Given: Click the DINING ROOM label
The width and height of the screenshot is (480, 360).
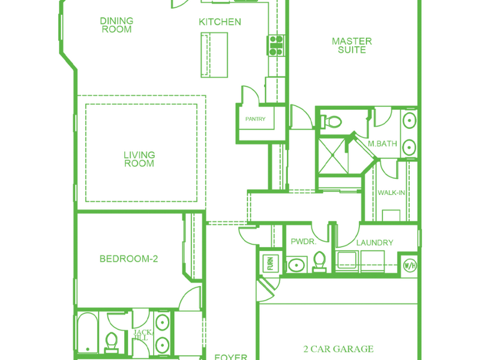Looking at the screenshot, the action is tap(116, 25).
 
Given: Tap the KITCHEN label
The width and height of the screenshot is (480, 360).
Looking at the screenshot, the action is tap(220, 22).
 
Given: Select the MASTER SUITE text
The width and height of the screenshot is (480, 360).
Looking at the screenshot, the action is tap(352, 46).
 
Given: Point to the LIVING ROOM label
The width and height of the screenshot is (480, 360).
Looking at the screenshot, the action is tap(139, 159).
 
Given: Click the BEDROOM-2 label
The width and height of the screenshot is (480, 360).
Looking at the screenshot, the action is tap(129, 259).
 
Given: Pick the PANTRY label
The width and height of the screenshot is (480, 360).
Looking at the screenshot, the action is tap(256, 119).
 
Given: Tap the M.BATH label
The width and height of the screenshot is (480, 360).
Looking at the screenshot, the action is tap(382, 143).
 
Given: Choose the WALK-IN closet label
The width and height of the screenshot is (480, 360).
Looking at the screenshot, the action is tap(391, 193).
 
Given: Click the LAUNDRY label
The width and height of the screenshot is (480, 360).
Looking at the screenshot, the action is tap(374, 242).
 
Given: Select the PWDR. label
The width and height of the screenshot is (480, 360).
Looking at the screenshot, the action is tap(304, 241).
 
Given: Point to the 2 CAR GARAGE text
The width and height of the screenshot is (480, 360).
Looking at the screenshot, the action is tap(338, 349).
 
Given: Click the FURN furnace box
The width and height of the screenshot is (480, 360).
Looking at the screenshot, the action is tap(270, 263).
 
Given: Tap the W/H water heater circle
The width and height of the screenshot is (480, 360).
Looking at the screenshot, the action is tap(410, 265).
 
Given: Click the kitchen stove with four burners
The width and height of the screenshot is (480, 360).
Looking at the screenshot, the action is tap(276, 46).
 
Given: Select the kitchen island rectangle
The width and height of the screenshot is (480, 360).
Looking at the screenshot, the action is tap(214, 55).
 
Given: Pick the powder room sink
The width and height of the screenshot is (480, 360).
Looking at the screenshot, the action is tap(296, 265).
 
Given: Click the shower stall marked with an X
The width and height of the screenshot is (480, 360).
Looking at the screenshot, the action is tap(333, 156).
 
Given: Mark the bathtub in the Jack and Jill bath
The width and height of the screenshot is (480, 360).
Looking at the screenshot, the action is tap(88, 332).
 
